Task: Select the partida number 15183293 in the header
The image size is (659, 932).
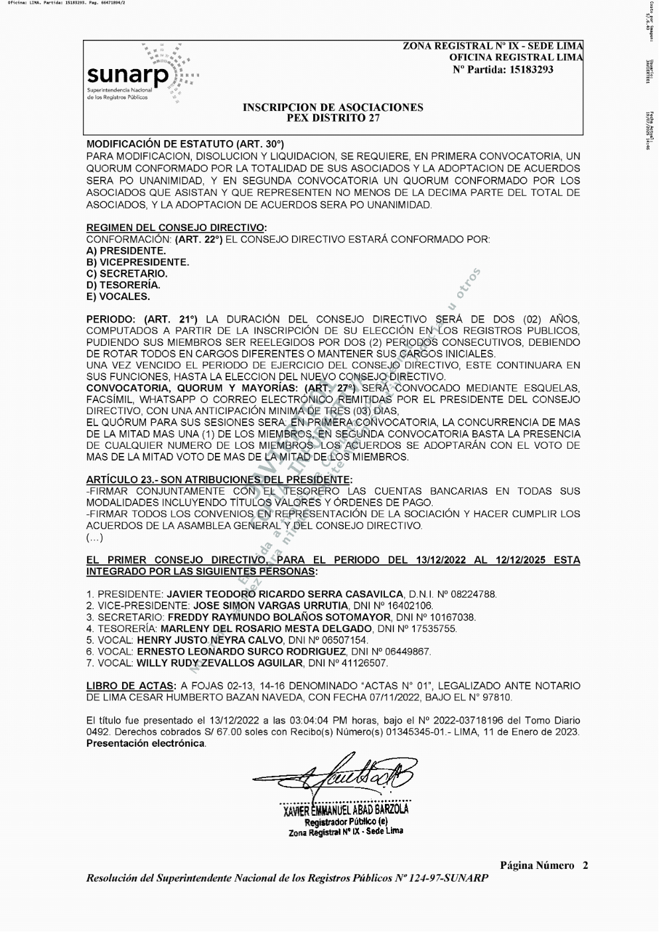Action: point(528,70)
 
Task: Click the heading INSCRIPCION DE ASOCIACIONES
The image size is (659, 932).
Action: point(332,108)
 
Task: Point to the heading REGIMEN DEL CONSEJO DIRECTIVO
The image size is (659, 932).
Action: point(176,228)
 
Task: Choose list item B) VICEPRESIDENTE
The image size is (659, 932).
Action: point(137,262)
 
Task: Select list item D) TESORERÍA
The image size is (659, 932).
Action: point(123,285)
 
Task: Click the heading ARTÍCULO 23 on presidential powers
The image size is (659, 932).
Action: point(219,479)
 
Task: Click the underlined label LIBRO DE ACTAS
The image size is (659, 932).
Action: point(131,686)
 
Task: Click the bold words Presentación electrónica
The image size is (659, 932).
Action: point(145,743)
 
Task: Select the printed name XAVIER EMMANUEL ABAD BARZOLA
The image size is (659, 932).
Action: point(346,809)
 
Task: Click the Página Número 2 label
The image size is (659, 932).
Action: point(544,865)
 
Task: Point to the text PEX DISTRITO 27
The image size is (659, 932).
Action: point(332,118)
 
